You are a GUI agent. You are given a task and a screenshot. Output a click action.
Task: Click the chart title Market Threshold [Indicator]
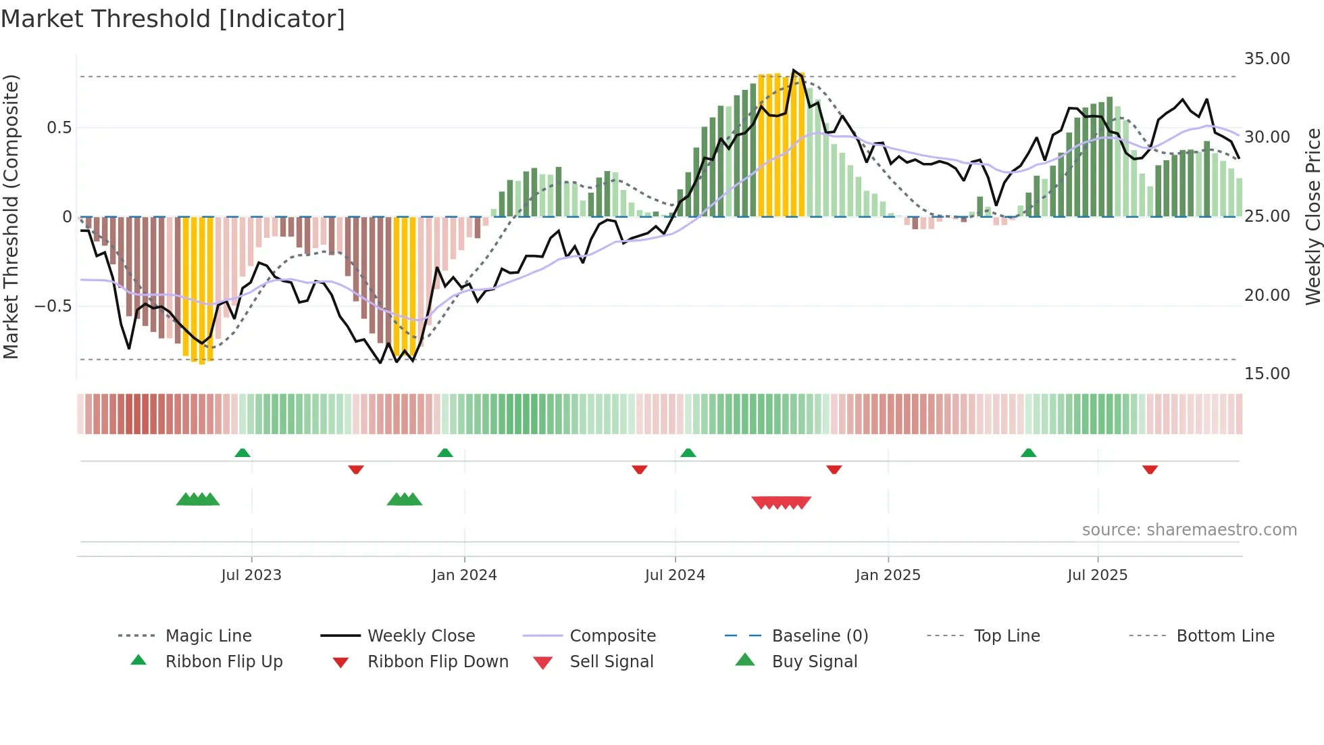click(173, 19)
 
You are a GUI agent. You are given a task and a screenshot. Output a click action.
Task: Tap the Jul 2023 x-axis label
click(251, 575)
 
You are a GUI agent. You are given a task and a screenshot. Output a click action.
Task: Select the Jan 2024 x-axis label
click(464, 575)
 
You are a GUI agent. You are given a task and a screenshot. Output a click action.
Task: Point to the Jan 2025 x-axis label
click(888, 575)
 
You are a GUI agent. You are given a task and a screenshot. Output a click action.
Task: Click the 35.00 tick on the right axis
click(1267, 59)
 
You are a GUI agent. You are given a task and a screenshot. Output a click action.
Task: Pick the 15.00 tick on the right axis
click(1267, 374)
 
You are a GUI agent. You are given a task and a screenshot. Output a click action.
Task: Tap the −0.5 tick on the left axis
click(53, 306)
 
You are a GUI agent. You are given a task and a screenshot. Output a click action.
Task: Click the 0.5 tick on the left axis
click(59, 128)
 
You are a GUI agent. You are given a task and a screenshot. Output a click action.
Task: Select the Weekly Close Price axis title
click(1313, 216)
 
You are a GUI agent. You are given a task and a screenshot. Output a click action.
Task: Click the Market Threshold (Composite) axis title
click(11, 216)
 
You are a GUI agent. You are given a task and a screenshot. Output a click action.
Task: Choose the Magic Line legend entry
click(208, 635)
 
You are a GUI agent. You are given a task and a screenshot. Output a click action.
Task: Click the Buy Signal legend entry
click(814, 661)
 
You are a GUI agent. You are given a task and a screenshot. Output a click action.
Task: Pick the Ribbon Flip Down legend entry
click(437, 661)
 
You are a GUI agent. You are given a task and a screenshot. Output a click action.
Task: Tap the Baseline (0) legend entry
click(819, 635)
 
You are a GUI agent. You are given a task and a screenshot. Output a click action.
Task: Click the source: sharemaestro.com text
click(1189, 530)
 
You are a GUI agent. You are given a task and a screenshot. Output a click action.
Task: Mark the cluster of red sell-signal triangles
click(781, 502)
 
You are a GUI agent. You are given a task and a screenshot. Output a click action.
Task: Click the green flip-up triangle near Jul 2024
click(688, 453)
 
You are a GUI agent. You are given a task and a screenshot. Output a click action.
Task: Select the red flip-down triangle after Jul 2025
click(1150, 470)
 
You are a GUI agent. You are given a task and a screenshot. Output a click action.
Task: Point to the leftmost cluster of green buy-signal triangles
click(198, 500)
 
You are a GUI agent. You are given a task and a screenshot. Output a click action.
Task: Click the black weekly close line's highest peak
click(794, 70)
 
